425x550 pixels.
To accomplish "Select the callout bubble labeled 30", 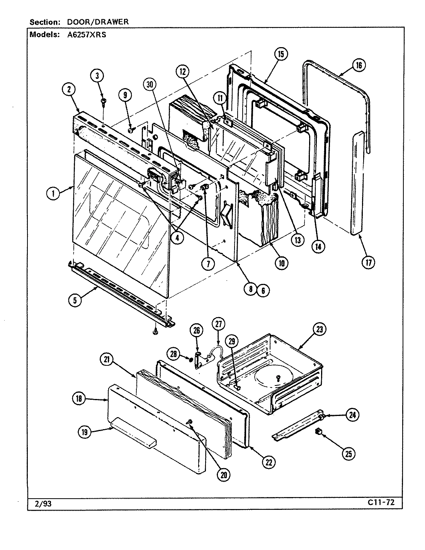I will pyautogui.click(x=151, y=83).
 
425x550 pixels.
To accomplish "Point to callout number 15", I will pyautogui.click(x=281, y=54).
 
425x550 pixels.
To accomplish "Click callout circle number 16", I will pyautogui.click(x=359, y=65).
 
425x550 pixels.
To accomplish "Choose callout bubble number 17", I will pyautogui.click(x=368, y=263).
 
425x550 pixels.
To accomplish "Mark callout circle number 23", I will pyautogui.click(x=320, y=329).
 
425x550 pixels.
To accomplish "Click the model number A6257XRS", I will pyautogui.click(x=85, y=34).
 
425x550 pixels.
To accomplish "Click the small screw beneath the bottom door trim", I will pyautogui.click(x=155, y=331).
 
